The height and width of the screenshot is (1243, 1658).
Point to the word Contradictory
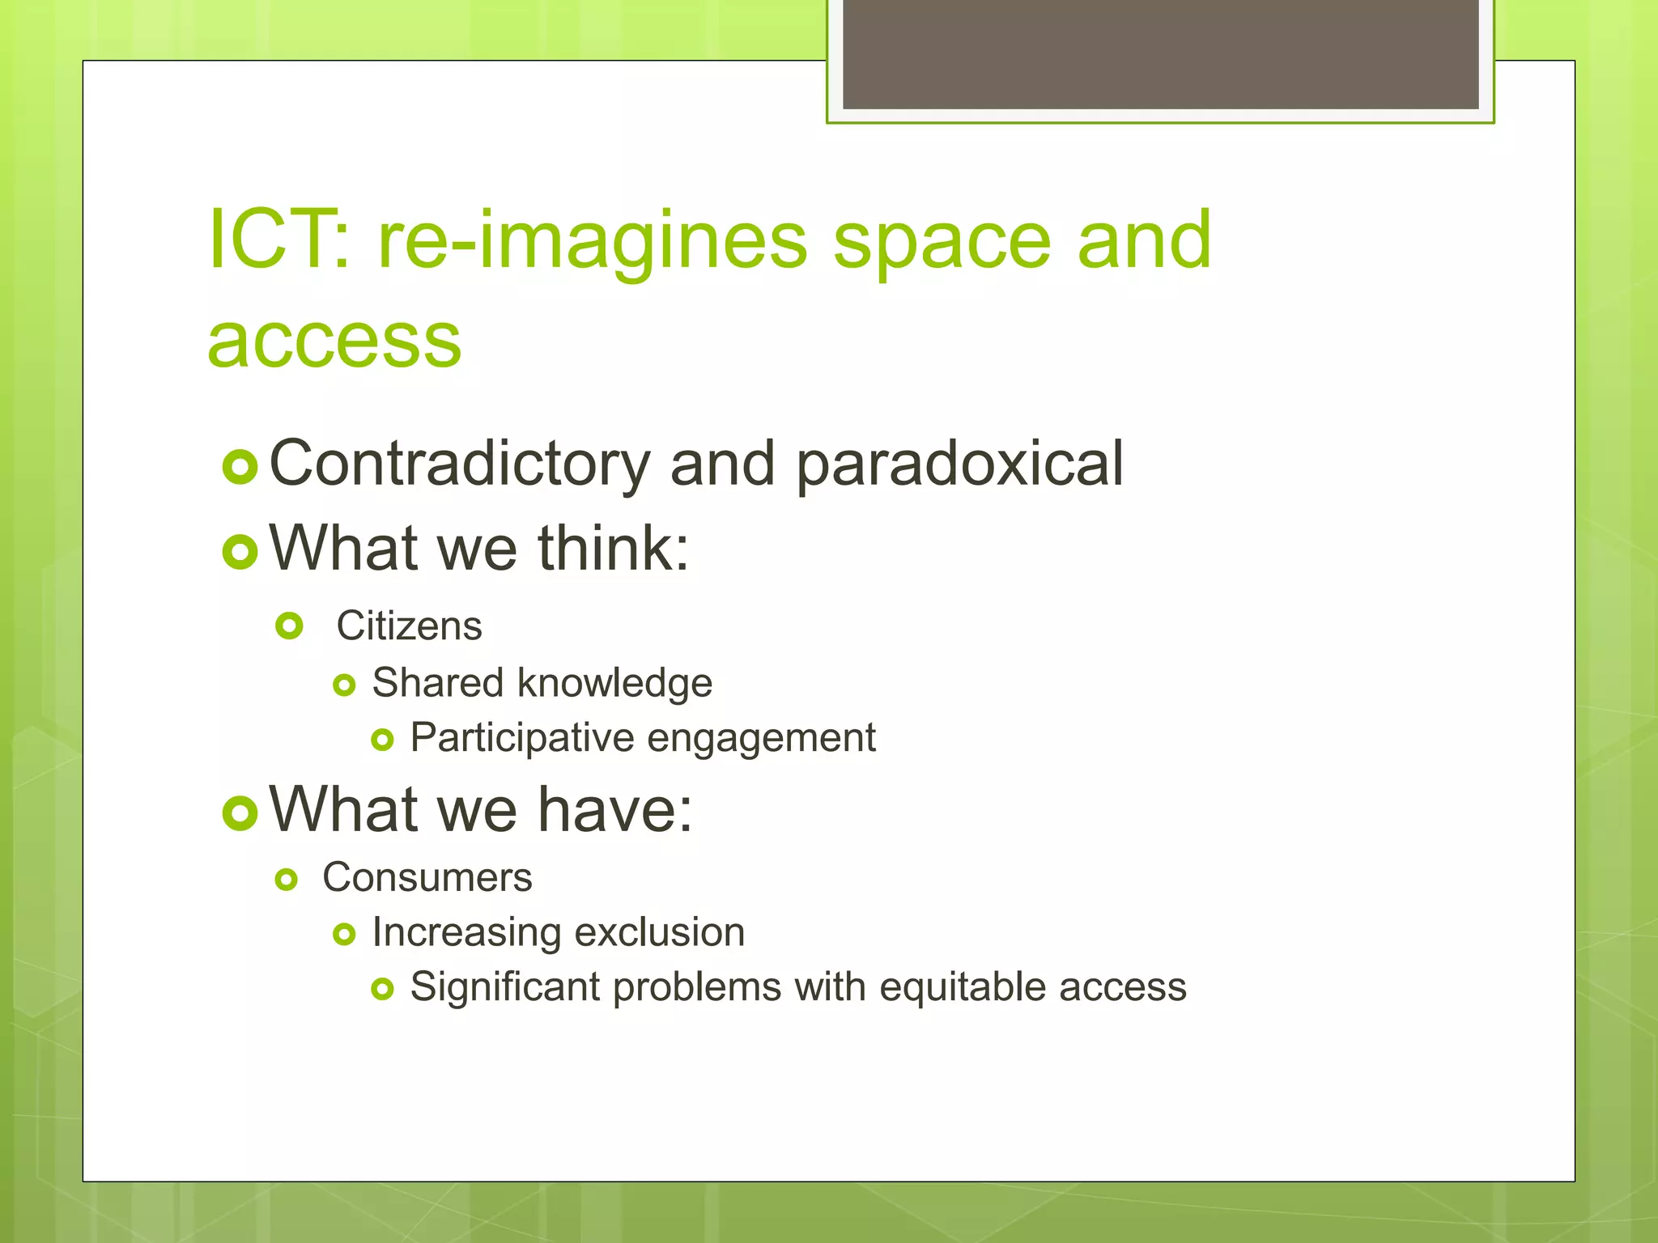459,463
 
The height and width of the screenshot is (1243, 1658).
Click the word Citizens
409,626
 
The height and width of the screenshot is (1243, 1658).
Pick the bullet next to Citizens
289,626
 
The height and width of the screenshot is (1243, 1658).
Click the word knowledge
614,683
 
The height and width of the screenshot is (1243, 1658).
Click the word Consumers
427,877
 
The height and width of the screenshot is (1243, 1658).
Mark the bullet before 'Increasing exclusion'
344,935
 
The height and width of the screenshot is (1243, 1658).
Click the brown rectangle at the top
1160,53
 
